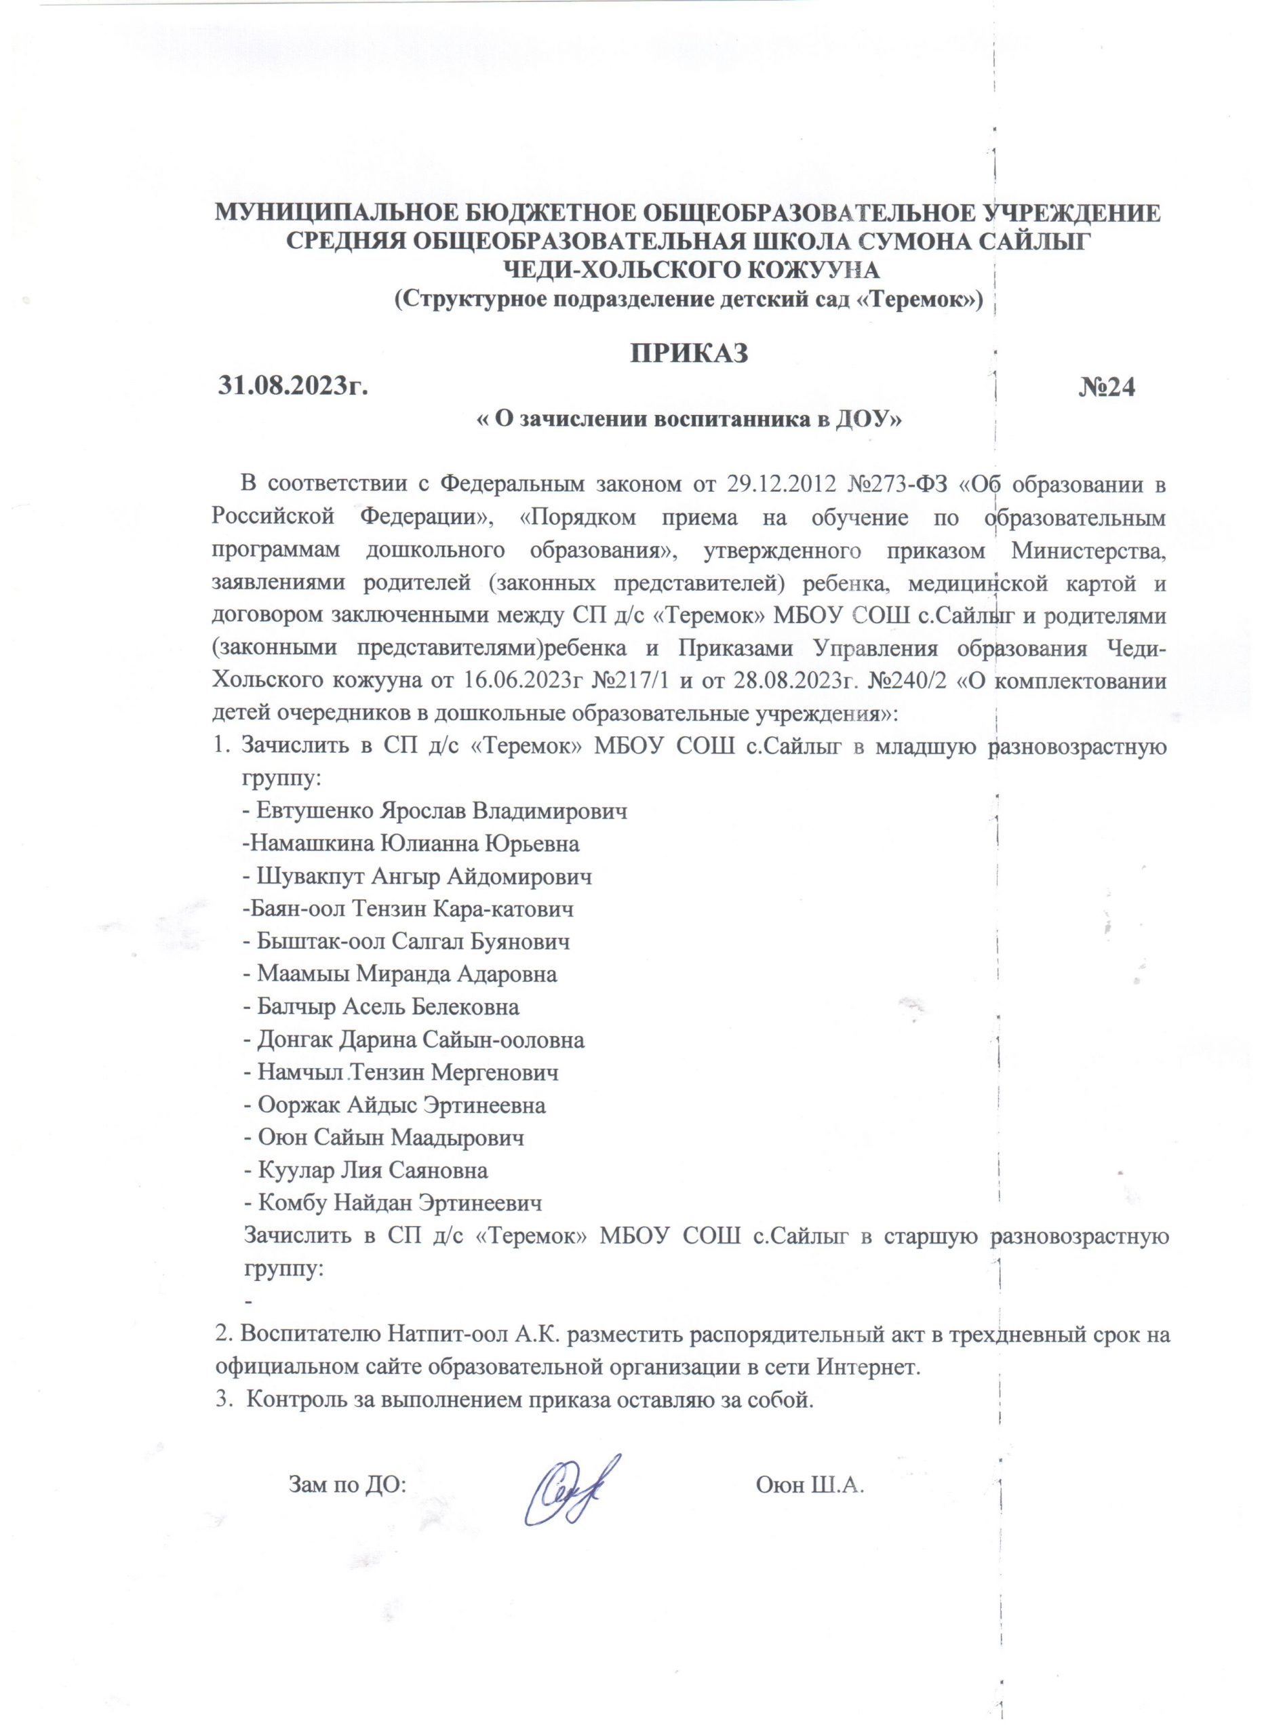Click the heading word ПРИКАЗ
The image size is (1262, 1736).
[688, 355]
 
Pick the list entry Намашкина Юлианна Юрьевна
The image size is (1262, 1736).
[411, 844]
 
